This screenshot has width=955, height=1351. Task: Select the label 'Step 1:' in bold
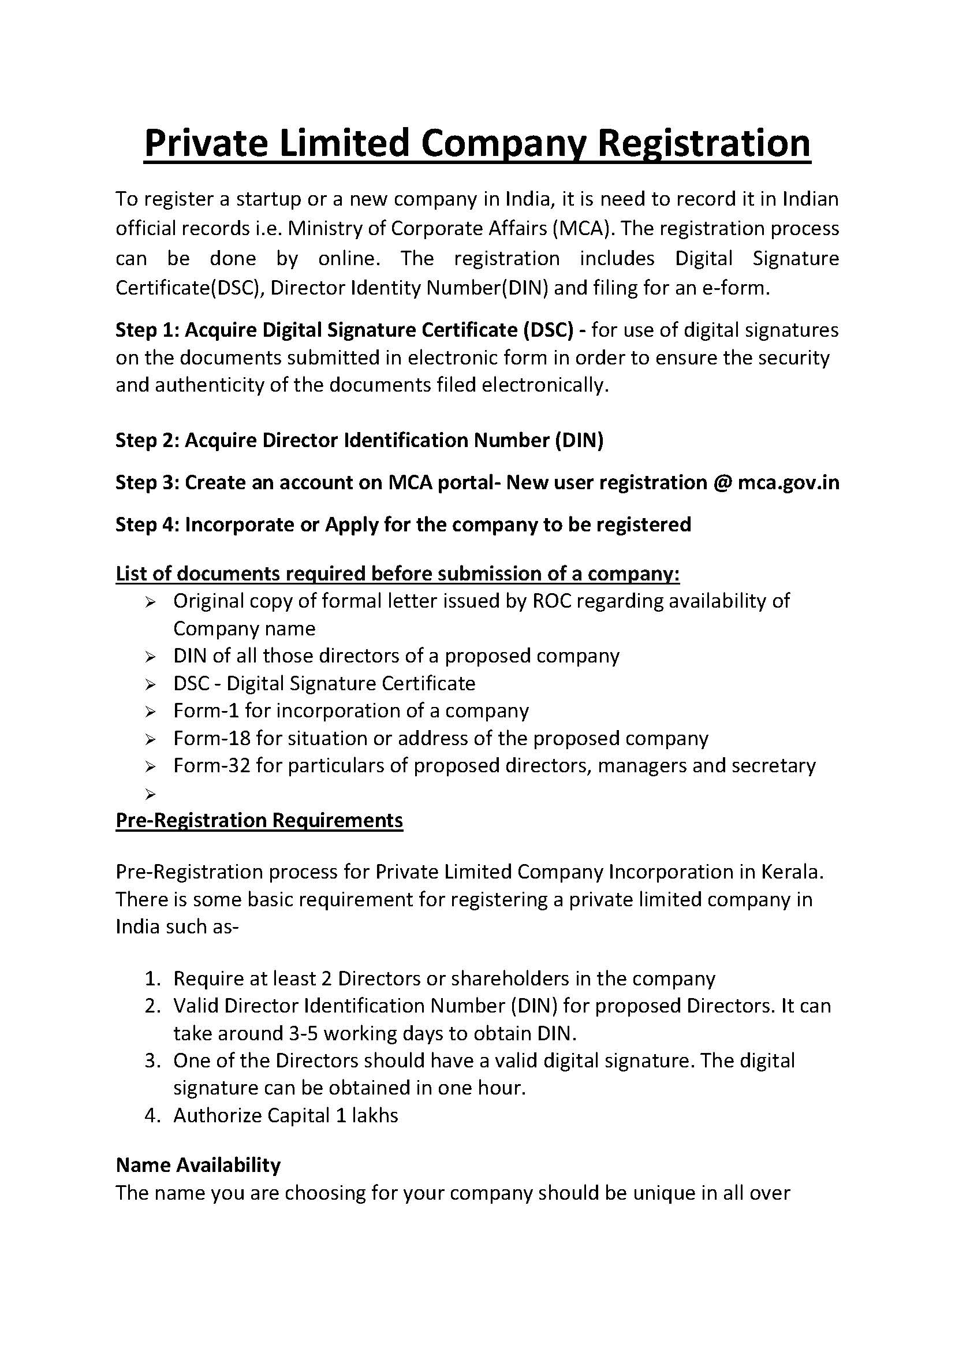coord(147,330)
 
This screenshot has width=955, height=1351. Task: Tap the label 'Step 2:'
coord(147,440)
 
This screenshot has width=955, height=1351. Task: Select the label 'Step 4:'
coord(147,524)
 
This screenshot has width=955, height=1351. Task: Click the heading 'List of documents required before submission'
coord(397,573)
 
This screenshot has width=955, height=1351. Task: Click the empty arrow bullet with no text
coord(150,794)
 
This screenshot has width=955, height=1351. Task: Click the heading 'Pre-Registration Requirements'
coord(259,820)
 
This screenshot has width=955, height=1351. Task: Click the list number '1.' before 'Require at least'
coord(154,978)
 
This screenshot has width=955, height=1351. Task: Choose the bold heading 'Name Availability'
coord(198,1165)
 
